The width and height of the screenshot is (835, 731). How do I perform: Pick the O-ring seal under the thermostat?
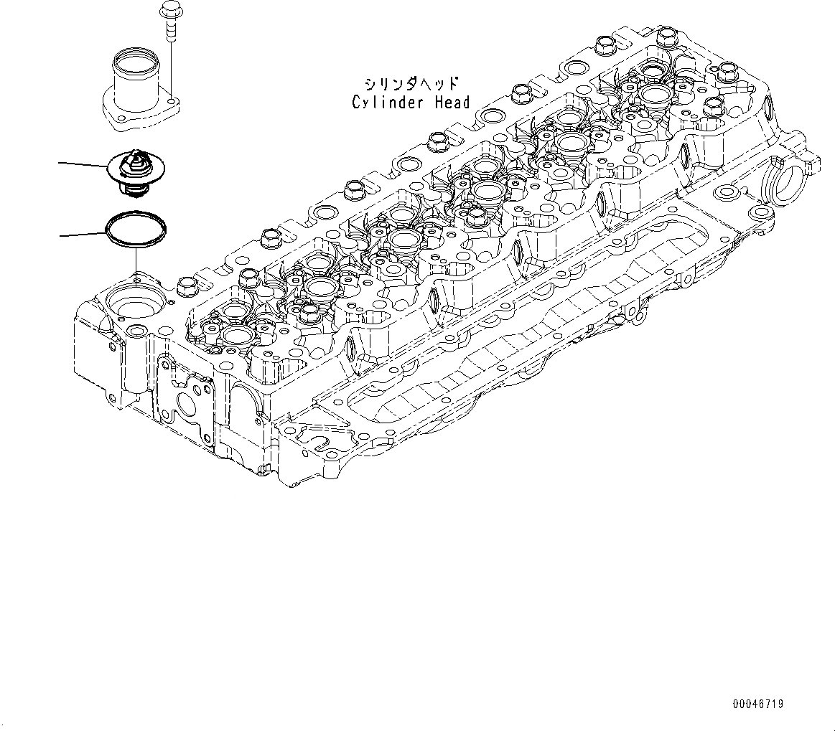click(136, 227)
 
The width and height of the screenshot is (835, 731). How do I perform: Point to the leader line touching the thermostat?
click(82, 165)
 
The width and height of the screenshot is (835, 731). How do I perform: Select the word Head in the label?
click(452, 103)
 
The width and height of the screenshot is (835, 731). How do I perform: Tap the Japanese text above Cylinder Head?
click(411, 82)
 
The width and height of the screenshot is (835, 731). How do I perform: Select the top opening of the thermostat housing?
click(135, 53)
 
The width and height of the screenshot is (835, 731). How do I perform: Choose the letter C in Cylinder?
click(356, 103)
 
